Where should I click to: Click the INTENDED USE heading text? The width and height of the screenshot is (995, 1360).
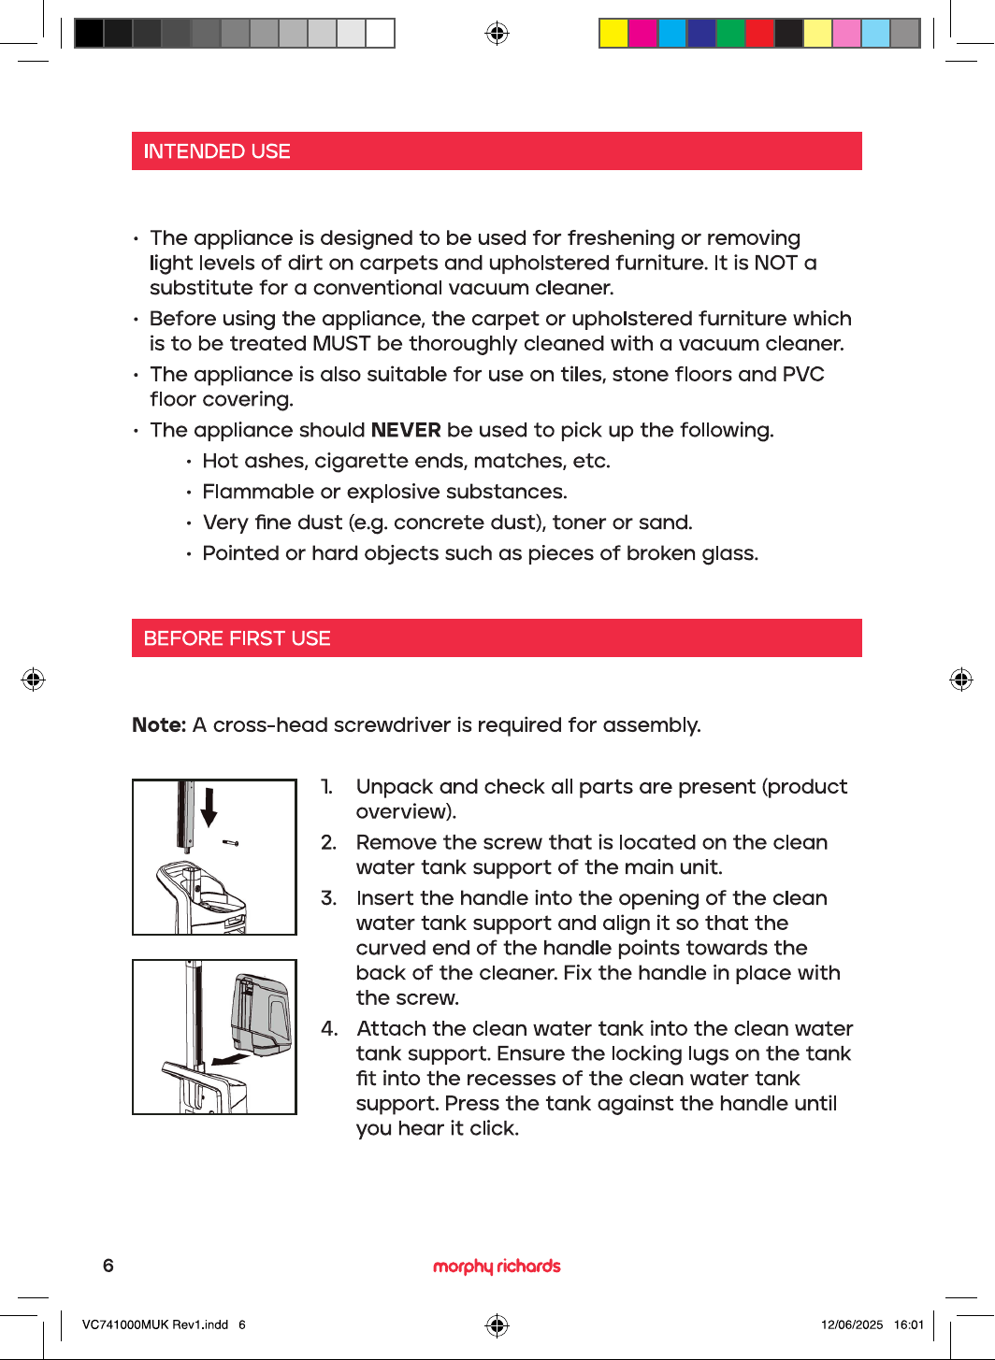[217, 151]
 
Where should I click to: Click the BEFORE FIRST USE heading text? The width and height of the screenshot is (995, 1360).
[237, 638]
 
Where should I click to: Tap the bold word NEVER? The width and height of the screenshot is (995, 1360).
[406, 430]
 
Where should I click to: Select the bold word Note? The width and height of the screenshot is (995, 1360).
[159, 725]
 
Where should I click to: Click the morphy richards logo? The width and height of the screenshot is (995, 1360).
[497, 1266]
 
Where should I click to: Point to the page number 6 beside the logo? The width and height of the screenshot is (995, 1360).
[108, 1266]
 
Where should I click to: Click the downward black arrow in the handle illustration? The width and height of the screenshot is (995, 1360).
[209, 807]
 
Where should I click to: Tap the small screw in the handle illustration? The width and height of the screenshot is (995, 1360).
[231, 843]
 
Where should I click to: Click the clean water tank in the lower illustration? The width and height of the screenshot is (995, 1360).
[261, 1014]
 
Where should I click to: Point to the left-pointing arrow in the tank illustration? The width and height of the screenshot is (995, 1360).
[230, 1060]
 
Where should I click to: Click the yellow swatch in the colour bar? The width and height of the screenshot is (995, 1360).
[613, 33]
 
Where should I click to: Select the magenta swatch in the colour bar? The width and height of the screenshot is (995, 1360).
[642, 33]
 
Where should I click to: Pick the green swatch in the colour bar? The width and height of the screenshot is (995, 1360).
[730, 33]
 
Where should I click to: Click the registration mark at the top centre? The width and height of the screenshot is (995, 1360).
[497, 33]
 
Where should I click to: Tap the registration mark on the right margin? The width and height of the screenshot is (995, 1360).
[961, 680]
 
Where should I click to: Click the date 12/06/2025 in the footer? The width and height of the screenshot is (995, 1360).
[852, 1324]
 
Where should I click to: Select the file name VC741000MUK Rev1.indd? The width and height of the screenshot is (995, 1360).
[155, 1324]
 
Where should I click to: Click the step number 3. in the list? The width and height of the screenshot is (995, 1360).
[328, 898]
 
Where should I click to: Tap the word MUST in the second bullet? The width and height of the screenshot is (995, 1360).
[340, 344]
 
